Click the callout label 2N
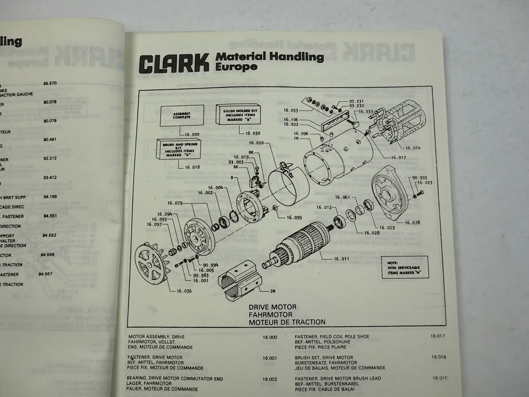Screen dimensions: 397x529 click(x=273, y=291)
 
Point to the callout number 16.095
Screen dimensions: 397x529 click(x=294, y=217)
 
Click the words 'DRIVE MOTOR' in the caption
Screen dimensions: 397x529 click(x=272, y=307)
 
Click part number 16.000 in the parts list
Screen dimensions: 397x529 click(x=269, y=337)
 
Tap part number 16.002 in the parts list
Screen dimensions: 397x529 click(x=269, y=379)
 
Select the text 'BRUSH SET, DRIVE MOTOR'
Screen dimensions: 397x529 click(x=324, y=358)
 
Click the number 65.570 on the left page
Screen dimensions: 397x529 click(x=50, y=83)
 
